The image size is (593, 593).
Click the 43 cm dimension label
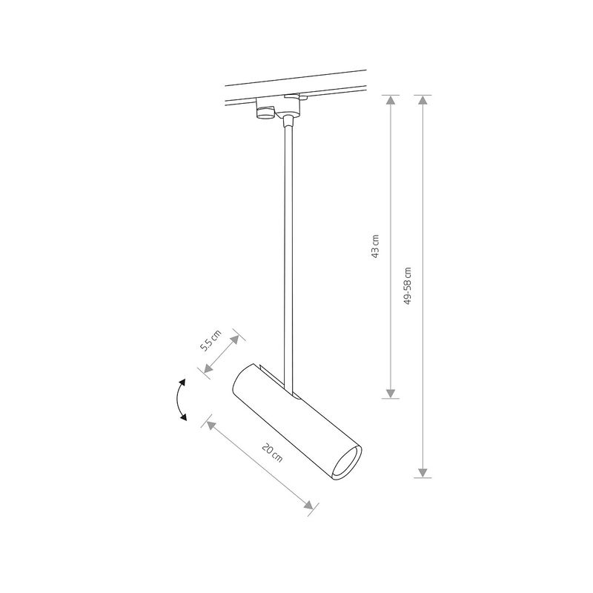[x=376, y=246]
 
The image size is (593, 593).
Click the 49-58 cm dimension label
[x=407, y=287]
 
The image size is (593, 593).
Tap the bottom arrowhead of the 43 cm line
[x=391, y=394]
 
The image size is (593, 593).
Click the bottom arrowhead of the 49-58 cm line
[x=423, y=472]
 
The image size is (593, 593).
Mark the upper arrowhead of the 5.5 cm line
[x=236, y=338]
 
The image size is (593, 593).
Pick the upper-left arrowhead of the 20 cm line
[x=211, y=423]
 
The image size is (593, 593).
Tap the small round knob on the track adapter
[x=265, y=112]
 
